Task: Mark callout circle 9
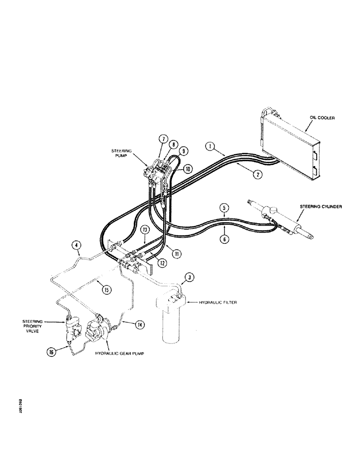pos(183,151)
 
